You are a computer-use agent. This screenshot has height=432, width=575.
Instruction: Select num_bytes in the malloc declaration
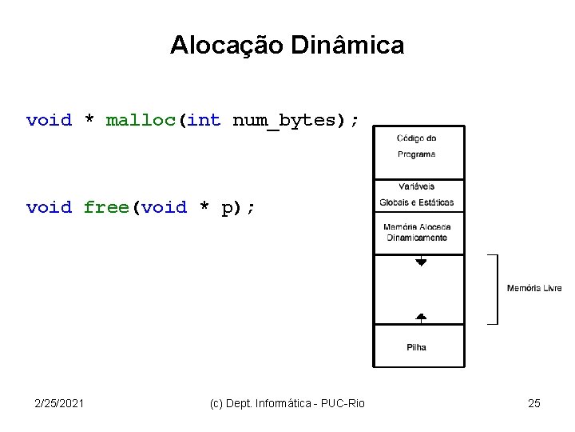coord(284,121)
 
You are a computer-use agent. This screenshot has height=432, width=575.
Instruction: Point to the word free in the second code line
coord(107,208)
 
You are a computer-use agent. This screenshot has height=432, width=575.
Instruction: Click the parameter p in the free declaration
coord(227,208)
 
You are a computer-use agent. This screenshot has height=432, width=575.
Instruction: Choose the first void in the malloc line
coord(49,121)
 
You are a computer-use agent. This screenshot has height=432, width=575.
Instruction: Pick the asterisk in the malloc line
coord(89,121)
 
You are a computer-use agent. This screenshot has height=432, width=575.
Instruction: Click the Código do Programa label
coord(417,146)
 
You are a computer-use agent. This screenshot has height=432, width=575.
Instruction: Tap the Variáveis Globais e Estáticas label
coord(417,194)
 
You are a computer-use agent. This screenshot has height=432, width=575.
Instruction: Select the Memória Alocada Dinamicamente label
coord(417,232)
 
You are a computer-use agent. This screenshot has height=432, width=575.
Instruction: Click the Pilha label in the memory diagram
coord(417,347)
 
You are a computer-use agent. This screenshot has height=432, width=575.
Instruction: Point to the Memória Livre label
coord(534,288)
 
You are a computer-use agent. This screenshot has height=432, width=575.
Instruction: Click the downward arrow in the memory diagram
coord(421,261)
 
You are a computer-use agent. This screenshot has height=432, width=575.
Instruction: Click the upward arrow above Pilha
coord(421,317)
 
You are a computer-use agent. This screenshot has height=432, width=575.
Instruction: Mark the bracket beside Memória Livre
coord(494,289)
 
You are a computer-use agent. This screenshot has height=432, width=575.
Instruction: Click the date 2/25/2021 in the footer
coord(61,403)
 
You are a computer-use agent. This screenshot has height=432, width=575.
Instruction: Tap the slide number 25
coord(534,403)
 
